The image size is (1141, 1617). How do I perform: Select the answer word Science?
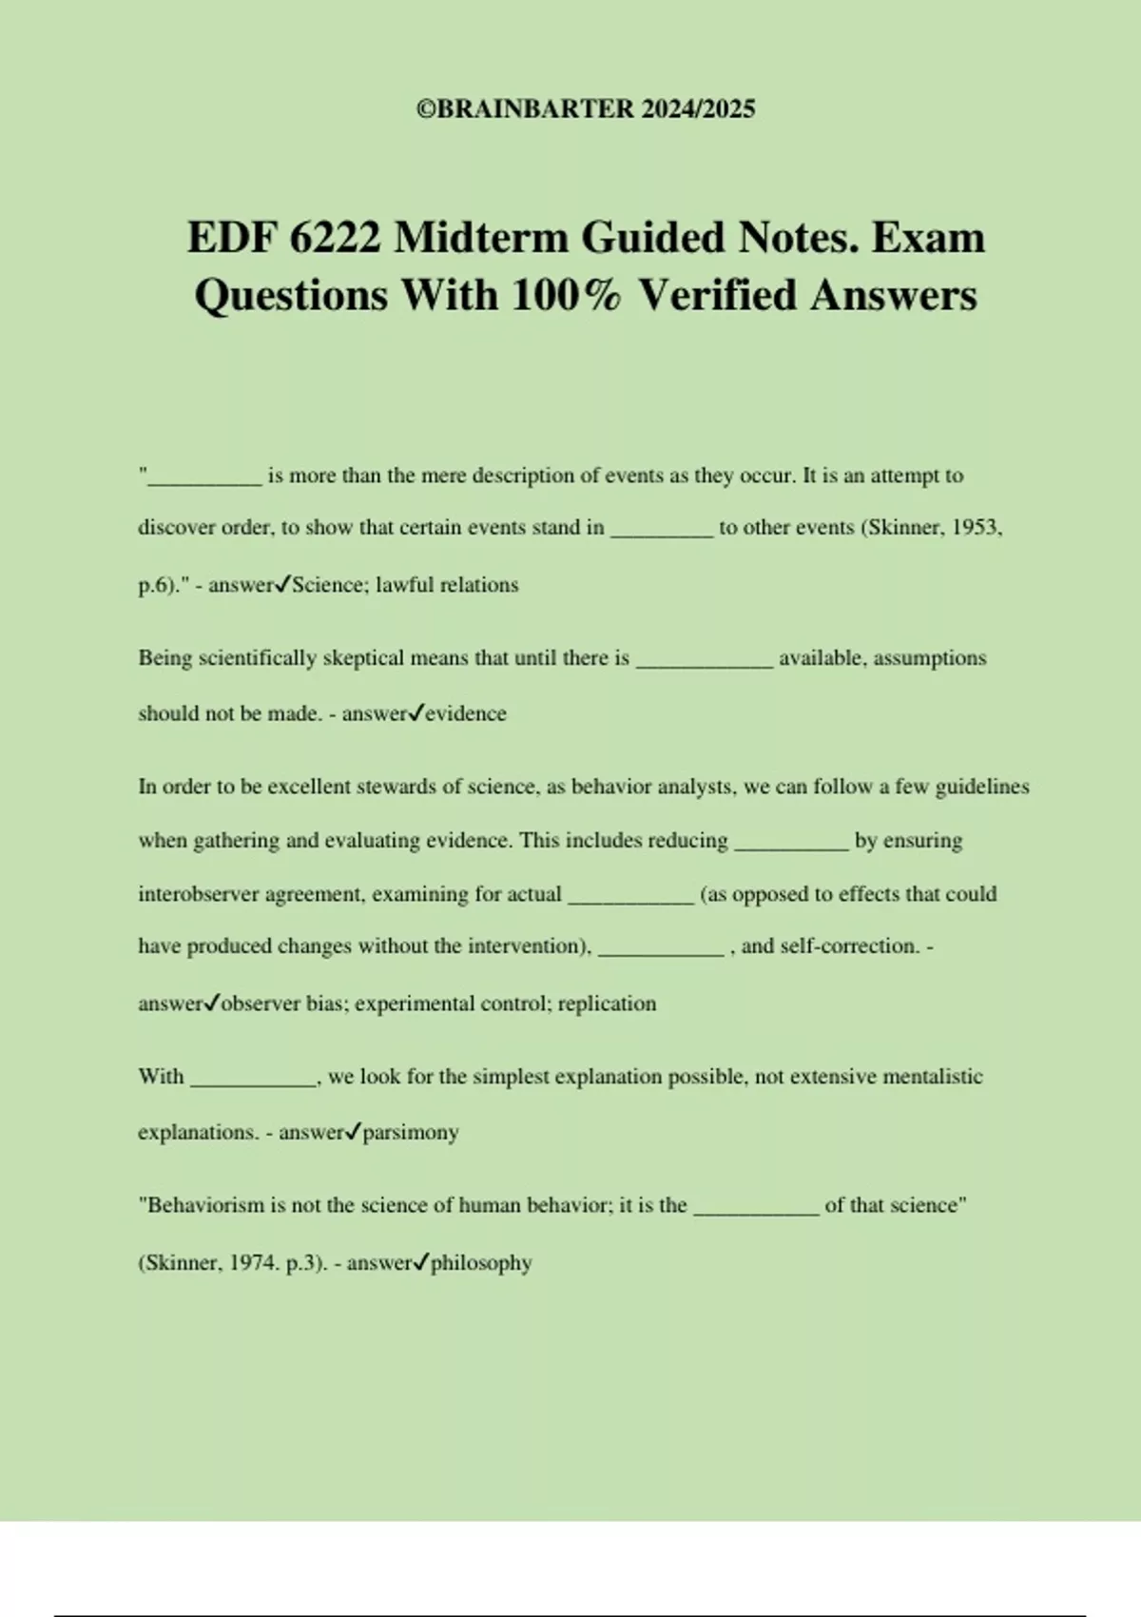(327, 585)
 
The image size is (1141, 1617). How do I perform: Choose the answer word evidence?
(466, 713)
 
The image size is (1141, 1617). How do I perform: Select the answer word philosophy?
(481, 1263)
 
